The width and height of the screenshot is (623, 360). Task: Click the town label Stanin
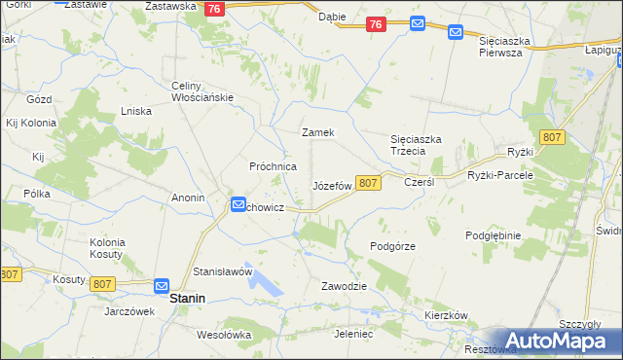coord(187,300)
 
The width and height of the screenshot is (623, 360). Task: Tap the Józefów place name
coord(331,185)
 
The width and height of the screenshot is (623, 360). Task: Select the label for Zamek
coord(318,132)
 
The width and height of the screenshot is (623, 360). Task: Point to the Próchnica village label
coord(274,166)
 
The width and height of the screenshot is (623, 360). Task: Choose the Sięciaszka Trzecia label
coord(416,145)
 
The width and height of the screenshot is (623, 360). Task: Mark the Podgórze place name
coord(393,246)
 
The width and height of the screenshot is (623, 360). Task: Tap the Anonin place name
coord(188,198)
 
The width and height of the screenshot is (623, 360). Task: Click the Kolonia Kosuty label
coord(107,247)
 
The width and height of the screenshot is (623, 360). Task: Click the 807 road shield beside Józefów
coord(367,183)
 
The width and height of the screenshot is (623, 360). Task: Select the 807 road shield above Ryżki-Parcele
coord(552,138)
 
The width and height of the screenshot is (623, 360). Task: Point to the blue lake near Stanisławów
coord(266,283)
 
